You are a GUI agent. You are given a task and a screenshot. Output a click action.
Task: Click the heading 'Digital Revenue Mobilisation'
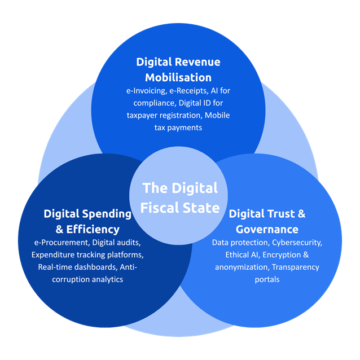pos(177,69)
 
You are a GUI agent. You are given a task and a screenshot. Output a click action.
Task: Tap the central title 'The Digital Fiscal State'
pos(181,197)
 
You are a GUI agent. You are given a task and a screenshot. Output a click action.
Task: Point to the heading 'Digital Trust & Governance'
pos(267,221)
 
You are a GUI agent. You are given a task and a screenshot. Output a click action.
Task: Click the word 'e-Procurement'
pos(60,243)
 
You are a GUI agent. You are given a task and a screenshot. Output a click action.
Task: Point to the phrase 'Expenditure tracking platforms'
pos(87,255)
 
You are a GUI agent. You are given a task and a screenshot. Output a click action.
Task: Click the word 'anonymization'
pos(242,267)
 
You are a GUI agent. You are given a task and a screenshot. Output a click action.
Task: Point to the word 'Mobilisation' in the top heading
pos(177,77)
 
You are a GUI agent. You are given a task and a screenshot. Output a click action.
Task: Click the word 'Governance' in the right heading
pos(267,229)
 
